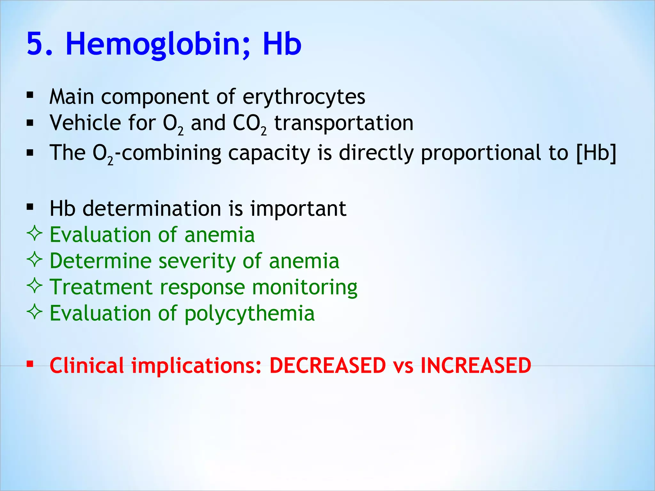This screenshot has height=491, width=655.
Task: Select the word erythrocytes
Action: click(304, 97)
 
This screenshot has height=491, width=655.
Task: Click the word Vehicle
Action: click(85, 123)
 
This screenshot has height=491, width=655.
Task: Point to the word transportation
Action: click(344, 123)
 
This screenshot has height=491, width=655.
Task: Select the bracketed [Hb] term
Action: click(596, 153)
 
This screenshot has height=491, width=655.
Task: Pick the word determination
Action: click(152, 209)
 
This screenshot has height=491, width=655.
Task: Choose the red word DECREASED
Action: click(328, 365)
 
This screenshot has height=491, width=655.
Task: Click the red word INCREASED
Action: click(476, 365)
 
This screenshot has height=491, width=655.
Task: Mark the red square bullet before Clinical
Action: click(30, 364)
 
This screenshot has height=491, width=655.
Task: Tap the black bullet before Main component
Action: click(30, 95)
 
